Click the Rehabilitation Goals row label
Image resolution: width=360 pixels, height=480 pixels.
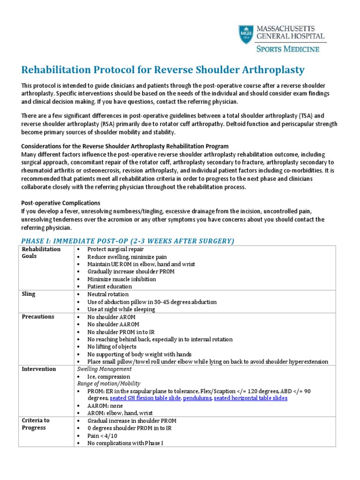pyautogui.click(x=41, y=253)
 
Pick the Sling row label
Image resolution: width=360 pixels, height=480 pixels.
pyautogui.click(x=29, y=294)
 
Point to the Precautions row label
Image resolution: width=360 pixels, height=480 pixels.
pyautogui.click(x=38, y=316)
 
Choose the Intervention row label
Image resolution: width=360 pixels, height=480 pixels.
pyautogui.click(x=39, y=369)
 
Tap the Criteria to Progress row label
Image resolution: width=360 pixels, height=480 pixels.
pyautogui.click(x=36, y=424)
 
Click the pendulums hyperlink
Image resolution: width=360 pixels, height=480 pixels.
pyautogui.click(x=197, y=398)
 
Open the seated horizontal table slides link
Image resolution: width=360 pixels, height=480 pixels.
pyautogui.click(x=251, y=398)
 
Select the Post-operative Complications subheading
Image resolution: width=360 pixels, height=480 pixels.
pyautogui.click(x=61, y=203)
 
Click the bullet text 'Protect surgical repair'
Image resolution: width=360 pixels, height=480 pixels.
pyautogui.click(x=115, y=249)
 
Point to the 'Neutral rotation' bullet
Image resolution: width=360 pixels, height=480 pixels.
pyautogui.click(x=108, y=294)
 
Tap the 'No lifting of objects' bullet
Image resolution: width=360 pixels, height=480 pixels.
pyautogui.click(x=112, y=347)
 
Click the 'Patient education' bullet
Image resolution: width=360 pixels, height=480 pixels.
pyautogui.click(x=110, y=286)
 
